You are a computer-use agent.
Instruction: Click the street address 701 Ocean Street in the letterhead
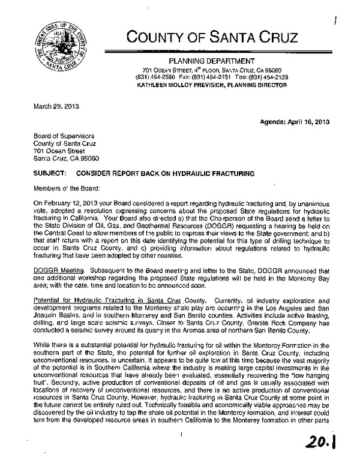coord(156,71)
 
